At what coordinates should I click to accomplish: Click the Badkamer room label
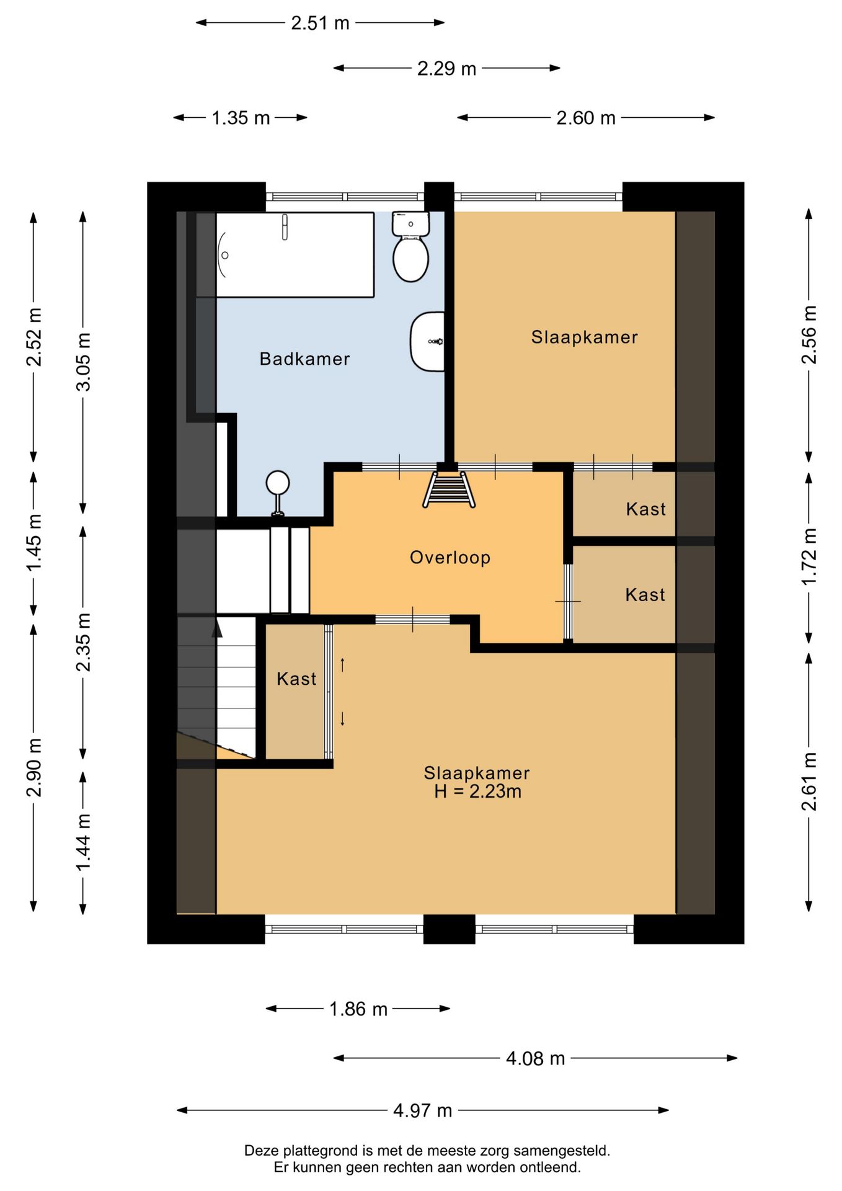304,359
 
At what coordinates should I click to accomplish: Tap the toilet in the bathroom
410,246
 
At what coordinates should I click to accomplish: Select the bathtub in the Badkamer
295,254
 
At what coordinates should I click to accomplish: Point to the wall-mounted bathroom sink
428,341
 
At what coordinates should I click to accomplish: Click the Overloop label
450,557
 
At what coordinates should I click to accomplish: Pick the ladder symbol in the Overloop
449,489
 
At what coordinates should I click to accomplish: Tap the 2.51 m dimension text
321,23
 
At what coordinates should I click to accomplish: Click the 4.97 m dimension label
423,1110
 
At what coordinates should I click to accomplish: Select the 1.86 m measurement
358,1009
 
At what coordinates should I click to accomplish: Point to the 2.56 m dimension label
809,335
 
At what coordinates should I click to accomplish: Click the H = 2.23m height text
477,792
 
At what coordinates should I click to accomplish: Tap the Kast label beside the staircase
296,679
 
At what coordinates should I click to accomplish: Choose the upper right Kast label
645,509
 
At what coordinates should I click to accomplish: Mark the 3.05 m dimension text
83,362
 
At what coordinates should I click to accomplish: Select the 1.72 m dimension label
809,556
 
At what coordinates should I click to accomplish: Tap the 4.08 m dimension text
536,1058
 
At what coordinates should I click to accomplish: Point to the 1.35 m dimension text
241,118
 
